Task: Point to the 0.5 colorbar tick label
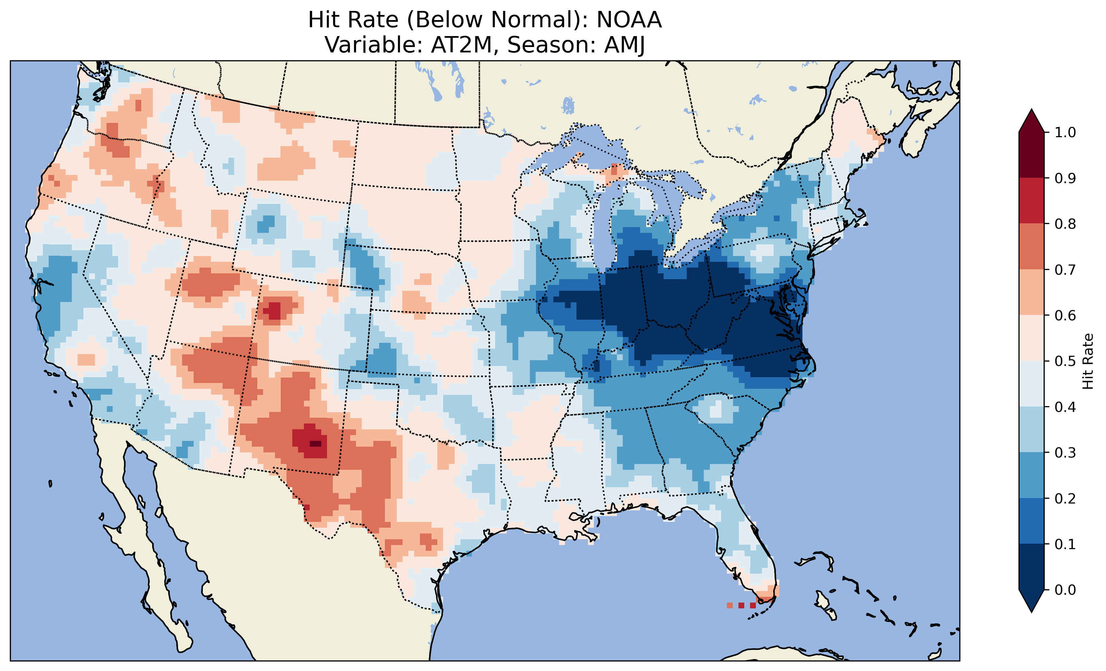pyautogui.click(x=1065, y=361)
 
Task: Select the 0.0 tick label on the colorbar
pyautogui.click(x=1065, y=590)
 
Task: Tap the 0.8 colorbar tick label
pyautogui.click(x=1065, y=224)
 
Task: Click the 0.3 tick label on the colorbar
pyautogui.click(x=1065, y=453)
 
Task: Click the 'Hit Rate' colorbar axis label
pyautogui.click(x=1088, y=361)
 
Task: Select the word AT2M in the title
pyautogui.click(x=461, y=45)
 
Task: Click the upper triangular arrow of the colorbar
pyautogui.click(x=1031, y=121)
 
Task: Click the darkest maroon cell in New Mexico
pyautogui.click(x=315, y=444)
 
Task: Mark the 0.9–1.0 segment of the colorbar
pyautogui.click(x=1031, y=155)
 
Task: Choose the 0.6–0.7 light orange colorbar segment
pyautogui.click(x=1031, y=292)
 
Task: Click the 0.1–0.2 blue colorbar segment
pyautogui.click(x=1031, y=521)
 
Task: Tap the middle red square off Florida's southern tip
pyautogui.click(x=741, y=605)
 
